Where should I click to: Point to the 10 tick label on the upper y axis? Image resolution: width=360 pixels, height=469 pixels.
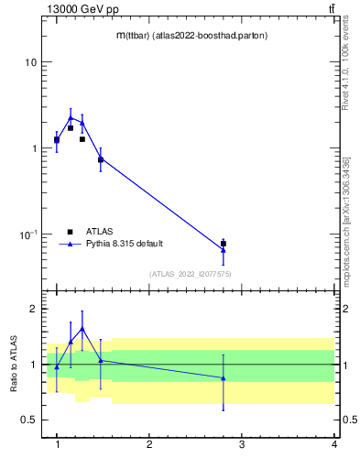tap(31, 62)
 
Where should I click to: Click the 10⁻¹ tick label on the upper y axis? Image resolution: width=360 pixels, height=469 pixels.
tap(27, 234)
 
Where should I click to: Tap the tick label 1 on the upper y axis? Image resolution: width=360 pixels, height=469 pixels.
tap(34, 148)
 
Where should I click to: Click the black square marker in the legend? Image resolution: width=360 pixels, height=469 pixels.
tap(70, 232)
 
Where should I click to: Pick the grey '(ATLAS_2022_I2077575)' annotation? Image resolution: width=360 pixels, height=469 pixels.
tap(191, 274)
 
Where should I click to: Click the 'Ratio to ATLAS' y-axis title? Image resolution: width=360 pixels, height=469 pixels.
tap(14, 364)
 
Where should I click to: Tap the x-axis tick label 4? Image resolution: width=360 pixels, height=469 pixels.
tap(333, 444)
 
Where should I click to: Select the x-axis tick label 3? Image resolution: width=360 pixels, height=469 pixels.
tap(241, 444)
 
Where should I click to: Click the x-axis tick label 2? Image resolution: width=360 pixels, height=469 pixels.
tap(149, 444)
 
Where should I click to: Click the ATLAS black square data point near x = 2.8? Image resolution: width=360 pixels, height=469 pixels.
tap(224, 244)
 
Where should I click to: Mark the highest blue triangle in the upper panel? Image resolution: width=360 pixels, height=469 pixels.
tap(71, 117)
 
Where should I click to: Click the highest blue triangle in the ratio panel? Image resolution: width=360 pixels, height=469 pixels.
tap(82, 328)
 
